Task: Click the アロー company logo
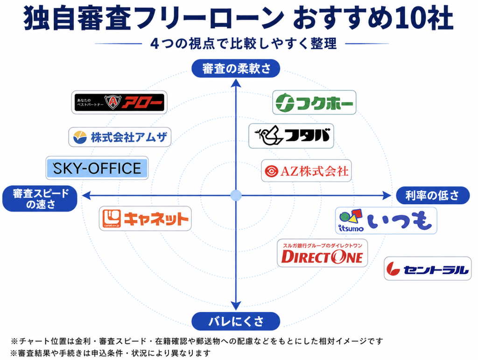pos(119,102)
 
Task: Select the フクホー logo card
pos(314,103)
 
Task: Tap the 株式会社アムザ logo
pos(120,138)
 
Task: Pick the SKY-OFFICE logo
pos(97,168)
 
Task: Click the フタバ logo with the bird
pos(291,136)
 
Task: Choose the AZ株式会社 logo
pos(306,171)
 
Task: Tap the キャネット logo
pos(145,219)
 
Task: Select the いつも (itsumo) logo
pos(386,221)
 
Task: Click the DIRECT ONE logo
pos(323,253)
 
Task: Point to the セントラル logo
pos(428,269)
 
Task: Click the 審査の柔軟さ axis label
pos(236,69)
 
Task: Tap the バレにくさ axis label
pos(236,321)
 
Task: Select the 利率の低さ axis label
pos(433,195)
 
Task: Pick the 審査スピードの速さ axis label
pos(40,199)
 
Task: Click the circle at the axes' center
pos(236,195)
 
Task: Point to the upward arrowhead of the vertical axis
pos(236,83)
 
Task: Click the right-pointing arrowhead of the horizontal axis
pos(387,195)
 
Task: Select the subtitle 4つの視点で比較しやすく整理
pos(244,43)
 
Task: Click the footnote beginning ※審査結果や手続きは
pos(110,353)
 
